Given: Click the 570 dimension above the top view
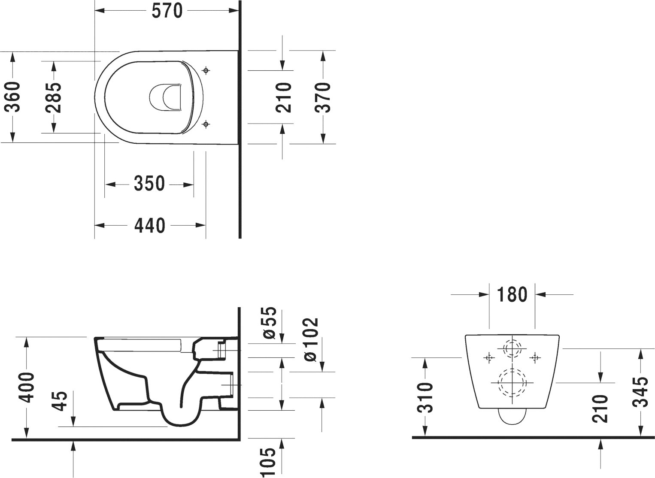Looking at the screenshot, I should tap(167, 11).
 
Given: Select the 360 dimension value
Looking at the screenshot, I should tap(13, 97).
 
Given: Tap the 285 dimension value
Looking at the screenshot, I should tap(54, 97).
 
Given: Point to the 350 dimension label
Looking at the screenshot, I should tap(149, 184).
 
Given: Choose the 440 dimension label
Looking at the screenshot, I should tap(149, 225).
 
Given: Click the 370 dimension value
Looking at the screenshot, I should tap(323, 97).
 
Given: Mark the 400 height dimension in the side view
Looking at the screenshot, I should tap(27, 387).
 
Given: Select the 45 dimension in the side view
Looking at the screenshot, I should tap(62, 401).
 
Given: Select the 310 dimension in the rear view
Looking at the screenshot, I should tap(425, 397).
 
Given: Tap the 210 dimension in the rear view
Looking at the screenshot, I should tap(601, 408).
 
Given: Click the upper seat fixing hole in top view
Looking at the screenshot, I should tap(206, 70).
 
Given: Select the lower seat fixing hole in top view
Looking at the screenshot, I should tap(206, 124).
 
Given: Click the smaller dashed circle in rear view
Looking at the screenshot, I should tap(512, 348).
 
